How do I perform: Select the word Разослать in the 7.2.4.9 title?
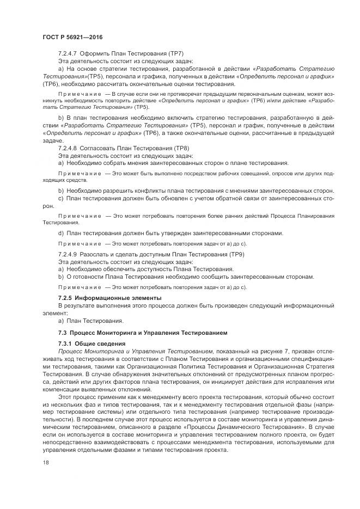95,254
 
